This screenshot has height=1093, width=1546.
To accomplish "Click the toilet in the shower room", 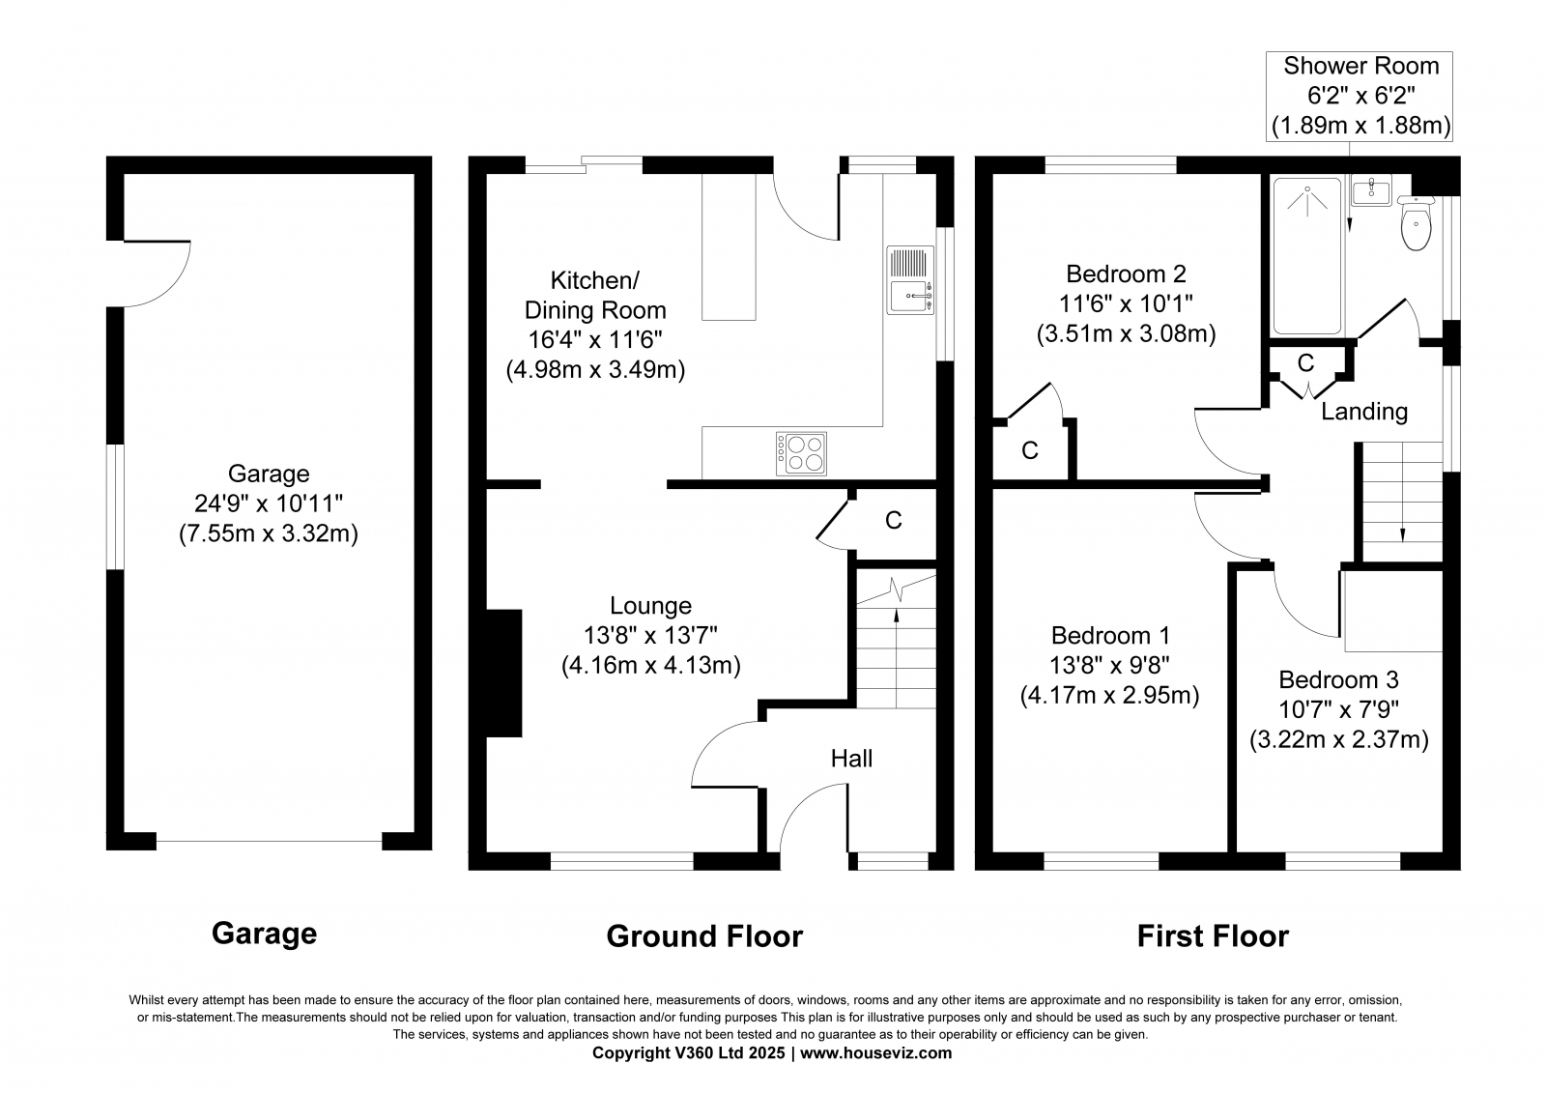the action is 1417,223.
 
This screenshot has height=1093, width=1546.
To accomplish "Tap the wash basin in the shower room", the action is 1371,189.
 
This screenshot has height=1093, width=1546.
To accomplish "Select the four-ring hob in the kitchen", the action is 801,453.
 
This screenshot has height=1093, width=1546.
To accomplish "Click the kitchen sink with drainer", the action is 910,281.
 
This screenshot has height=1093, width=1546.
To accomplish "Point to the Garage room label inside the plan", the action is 269,474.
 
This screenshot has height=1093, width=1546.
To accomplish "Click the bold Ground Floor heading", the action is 704,936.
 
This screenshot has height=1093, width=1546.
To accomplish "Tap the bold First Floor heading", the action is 1213,936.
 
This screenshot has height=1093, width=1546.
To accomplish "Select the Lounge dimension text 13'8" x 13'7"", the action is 650,635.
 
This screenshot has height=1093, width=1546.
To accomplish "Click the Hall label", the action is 851,758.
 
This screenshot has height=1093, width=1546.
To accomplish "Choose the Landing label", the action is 1363,412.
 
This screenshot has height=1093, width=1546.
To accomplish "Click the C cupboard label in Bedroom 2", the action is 1030,451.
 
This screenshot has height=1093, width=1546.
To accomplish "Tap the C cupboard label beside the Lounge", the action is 894,521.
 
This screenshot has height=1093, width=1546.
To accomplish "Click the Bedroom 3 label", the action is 1338,679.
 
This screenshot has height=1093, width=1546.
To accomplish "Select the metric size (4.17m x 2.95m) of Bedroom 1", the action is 1109,695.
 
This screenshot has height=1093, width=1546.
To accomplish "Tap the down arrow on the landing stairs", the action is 1402,492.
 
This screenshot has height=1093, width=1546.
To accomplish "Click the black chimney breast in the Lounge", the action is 503,674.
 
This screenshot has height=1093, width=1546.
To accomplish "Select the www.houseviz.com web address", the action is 875,1053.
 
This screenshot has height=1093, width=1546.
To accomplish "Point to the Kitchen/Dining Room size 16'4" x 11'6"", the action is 595,340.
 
